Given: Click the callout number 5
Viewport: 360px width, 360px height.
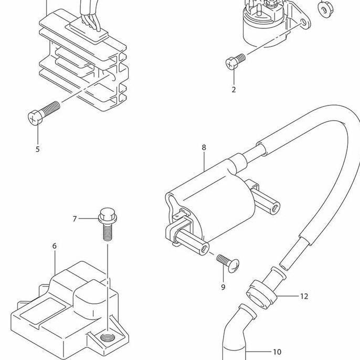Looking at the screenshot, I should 37,149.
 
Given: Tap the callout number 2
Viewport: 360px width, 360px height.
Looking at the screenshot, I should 234,90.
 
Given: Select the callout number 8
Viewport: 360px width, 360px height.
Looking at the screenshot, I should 204,147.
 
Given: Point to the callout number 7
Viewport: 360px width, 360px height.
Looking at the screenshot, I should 75,218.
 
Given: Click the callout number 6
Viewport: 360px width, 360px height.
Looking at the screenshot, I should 55,246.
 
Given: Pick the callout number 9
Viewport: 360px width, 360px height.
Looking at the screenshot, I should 223,287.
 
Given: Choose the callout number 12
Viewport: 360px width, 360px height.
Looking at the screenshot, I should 304,296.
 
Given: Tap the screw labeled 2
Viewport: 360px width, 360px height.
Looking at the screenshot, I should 236,62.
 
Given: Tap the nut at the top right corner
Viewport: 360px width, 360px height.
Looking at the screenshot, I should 325,7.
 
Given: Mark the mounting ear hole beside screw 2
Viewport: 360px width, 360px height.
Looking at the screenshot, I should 301,23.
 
